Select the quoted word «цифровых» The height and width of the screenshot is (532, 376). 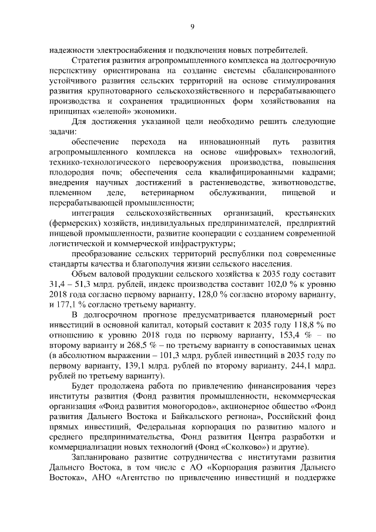243,152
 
